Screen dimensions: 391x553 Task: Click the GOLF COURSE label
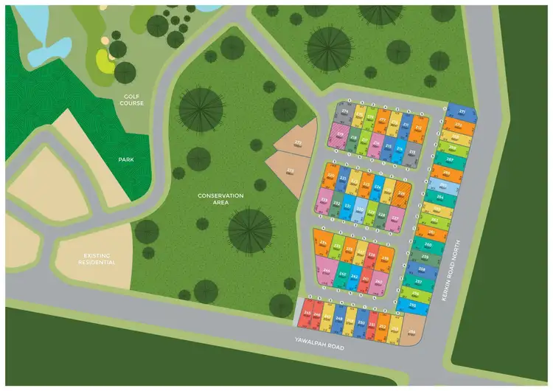[133, 100]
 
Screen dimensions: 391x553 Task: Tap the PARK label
[125, 159]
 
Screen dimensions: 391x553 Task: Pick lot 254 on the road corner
[413, 332]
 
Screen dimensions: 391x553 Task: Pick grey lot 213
[413, 151]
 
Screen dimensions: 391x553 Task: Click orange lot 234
[324, 244]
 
